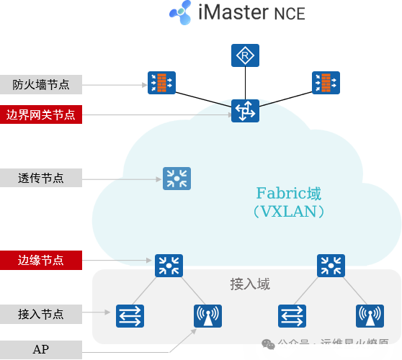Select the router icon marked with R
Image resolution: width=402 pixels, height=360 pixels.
[x=245, y=55]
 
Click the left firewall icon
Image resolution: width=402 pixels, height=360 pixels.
[x=161, y=83]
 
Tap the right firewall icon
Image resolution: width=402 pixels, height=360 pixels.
[x=326, y=83]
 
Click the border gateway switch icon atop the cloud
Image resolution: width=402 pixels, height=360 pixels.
[x=245, y=110]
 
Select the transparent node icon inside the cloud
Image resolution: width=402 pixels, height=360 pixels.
[x=176, y=179]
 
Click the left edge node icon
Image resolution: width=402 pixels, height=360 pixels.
[x=169, y=265]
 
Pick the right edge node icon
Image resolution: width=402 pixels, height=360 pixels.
[x=331, y=265]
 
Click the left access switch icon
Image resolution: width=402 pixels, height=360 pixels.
[x=130, y=315]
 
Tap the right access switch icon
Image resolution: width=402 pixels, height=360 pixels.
[x=292, y=315]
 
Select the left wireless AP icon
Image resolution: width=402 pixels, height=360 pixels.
[x=208, y=315]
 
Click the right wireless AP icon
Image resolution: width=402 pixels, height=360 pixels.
[x=370, y=315]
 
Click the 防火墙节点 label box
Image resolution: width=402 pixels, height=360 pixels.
[x=41, y=85]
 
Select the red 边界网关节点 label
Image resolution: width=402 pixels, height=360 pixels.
[x=41, y=114]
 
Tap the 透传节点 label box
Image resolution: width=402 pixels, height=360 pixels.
[x=41, y=178]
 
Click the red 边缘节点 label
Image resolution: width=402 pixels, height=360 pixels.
[x=41, y=260]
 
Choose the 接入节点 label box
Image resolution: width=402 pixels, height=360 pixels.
[x=41, y=314]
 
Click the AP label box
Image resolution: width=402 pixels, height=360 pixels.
[x=41, y=350]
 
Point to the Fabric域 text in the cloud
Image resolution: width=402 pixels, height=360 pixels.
[x=289, y=194]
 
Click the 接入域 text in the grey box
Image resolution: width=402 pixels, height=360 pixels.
[x=249, y=284]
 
